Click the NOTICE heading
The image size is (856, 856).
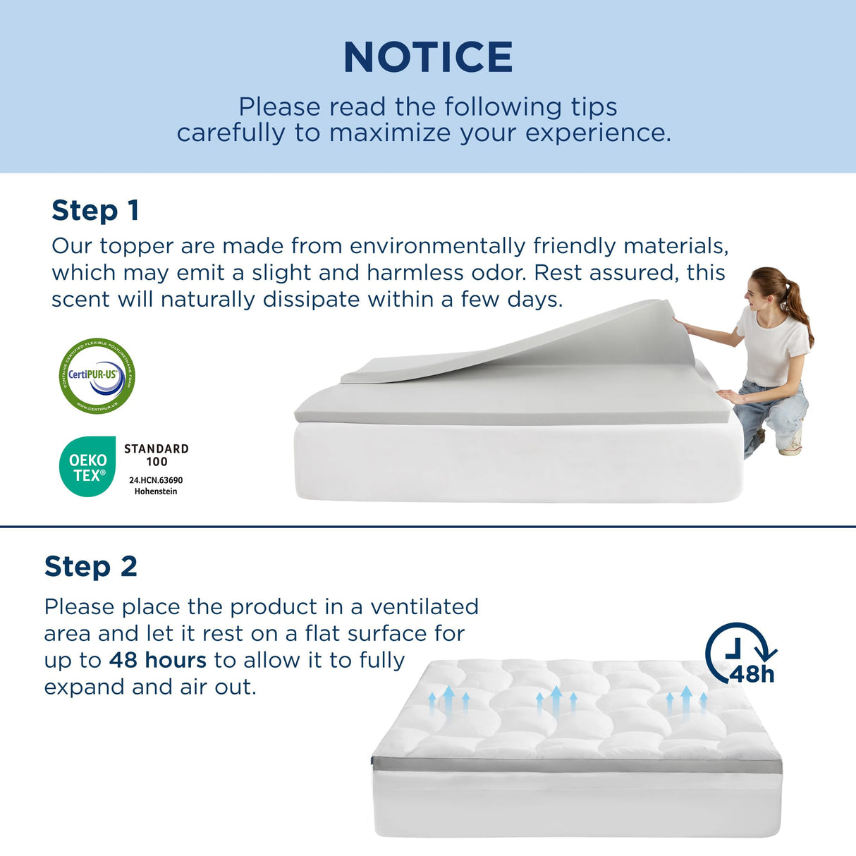click(428, 57)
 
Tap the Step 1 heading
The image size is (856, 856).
click(95, 210)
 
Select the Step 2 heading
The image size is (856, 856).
click(90, 566)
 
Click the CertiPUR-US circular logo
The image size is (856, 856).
click(97, 376)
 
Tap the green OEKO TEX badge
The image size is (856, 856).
click(87, 467)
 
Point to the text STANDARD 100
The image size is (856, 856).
click(157, 455)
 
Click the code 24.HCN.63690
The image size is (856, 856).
click(156, 480)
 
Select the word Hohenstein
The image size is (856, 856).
click(156, 491)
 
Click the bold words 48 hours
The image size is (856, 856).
click(158, 660)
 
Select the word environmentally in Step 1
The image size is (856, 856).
click(437, 246)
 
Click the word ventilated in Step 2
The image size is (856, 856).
click(424, 606)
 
